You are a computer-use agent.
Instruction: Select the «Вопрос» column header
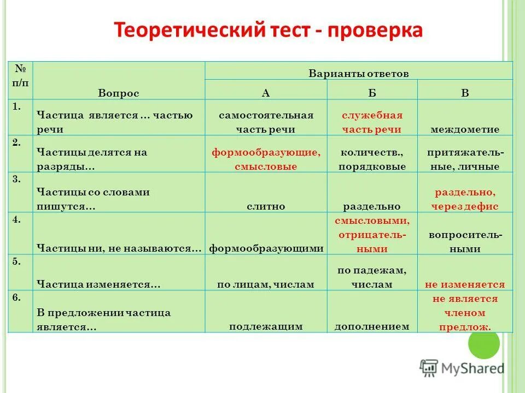point(119,93)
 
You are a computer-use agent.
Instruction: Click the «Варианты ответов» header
point(359,74)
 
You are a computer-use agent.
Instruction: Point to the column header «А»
point(266,93)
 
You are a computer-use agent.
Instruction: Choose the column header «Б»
point(372,93)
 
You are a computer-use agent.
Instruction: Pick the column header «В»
point(465,93)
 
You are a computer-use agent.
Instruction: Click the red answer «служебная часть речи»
point(372,122)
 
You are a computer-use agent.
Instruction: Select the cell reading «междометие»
point(465,129)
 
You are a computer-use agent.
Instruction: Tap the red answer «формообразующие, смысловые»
point(266,159)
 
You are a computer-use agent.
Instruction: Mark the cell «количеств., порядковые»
point(372,159)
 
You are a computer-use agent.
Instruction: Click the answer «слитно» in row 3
point(266,206)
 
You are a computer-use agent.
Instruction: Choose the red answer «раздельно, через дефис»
point(465,199)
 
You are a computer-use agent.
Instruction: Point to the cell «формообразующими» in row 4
point(266,248)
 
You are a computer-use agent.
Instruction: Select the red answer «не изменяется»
point(465,284)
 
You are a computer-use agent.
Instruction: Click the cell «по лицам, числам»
point(266,284)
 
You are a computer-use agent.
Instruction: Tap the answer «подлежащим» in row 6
point(266,326)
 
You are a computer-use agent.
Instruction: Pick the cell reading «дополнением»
point(372,326)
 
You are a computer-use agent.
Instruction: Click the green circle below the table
point(484,344)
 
